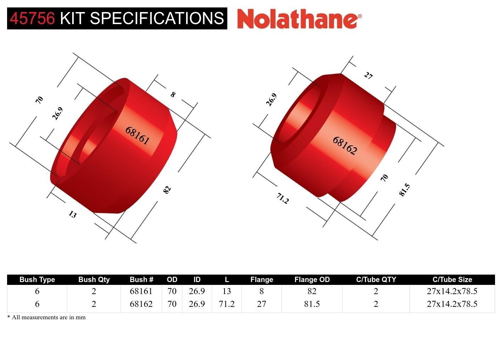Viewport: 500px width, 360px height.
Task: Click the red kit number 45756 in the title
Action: [32, 18]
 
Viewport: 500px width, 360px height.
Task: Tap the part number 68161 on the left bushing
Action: [137, 135]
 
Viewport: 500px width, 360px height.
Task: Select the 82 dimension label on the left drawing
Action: [167, 190]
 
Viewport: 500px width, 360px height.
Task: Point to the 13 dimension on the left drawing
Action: [72, 214]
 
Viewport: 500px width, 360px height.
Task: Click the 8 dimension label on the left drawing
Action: [173, 95]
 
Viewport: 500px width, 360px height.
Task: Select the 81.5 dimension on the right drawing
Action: [404, 190]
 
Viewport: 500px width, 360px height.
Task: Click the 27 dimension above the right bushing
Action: [368, 75]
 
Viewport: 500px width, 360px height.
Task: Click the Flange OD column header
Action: [312, 280]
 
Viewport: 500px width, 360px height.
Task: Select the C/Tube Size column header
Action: [452, 280]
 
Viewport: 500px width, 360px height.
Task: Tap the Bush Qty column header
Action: [94, 280]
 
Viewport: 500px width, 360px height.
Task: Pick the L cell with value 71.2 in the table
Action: [227, 304]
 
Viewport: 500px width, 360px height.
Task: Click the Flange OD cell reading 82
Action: [312, 291]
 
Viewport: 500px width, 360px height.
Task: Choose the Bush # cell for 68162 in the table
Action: [141, 304]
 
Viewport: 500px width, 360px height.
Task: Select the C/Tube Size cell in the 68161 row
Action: [452, 291]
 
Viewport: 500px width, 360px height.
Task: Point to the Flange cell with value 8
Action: [262, 291]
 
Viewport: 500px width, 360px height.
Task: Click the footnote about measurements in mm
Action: [46, 317]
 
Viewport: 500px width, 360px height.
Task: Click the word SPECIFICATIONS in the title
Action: [157, 18]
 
